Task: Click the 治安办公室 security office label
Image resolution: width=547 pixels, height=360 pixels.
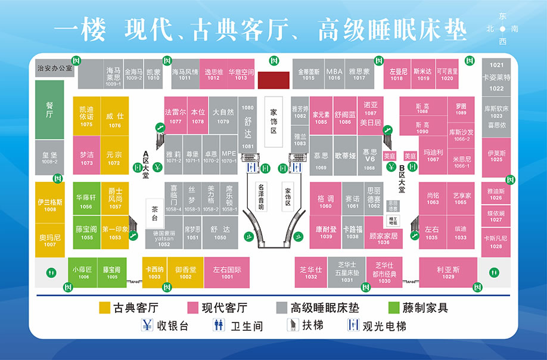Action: tap(54, 68)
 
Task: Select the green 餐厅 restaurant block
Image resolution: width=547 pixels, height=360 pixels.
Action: tap(49, 110)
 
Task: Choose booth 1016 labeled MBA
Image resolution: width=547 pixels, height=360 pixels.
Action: tap(334, 74)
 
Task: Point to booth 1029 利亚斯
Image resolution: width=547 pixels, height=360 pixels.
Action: tap(448, 272)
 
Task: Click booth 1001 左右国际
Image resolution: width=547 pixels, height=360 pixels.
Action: tap(227, 272)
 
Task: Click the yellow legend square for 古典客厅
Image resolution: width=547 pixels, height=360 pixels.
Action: tap(104, 308)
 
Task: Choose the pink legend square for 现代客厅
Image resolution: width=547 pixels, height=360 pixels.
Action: tap(192, 308)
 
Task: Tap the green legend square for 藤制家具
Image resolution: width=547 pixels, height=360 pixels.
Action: tap(393, 308)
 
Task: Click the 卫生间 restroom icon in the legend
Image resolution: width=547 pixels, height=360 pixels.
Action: tap(219, 325)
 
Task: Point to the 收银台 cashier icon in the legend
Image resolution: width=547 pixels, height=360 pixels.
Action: tap(147, 325)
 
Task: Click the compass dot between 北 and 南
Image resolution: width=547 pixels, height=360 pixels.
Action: tap(502, 28)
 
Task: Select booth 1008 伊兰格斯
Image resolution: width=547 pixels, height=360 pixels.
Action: tap(50, 205)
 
